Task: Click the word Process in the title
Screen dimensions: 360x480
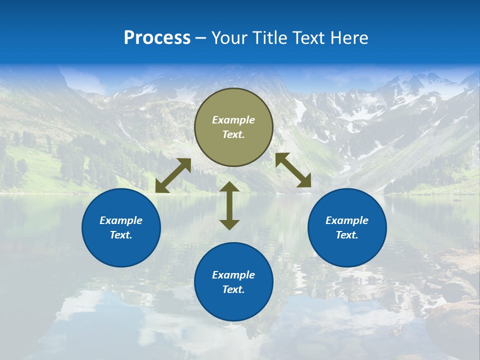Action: point(157,38)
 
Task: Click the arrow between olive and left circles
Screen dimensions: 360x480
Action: point(173,175)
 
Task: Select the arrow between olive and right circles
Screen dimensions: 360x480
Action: point(293,170)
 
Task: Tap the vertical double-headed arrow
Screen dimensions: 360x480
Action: point(229,205)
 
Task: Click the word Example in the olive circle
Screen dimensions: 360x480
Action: point(233,120)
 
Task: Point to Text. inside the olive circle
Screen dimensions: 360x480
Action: point(233,135)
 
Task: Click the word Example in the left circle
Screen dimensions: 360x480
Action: point(121,220)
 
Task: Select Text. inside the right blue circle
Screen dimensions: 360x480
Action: point(347,235)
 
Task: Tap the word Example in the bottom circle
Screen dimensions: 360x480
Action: point(233,275)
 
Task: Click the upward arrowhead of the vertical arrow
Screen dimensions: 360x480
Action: point(229,187)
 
